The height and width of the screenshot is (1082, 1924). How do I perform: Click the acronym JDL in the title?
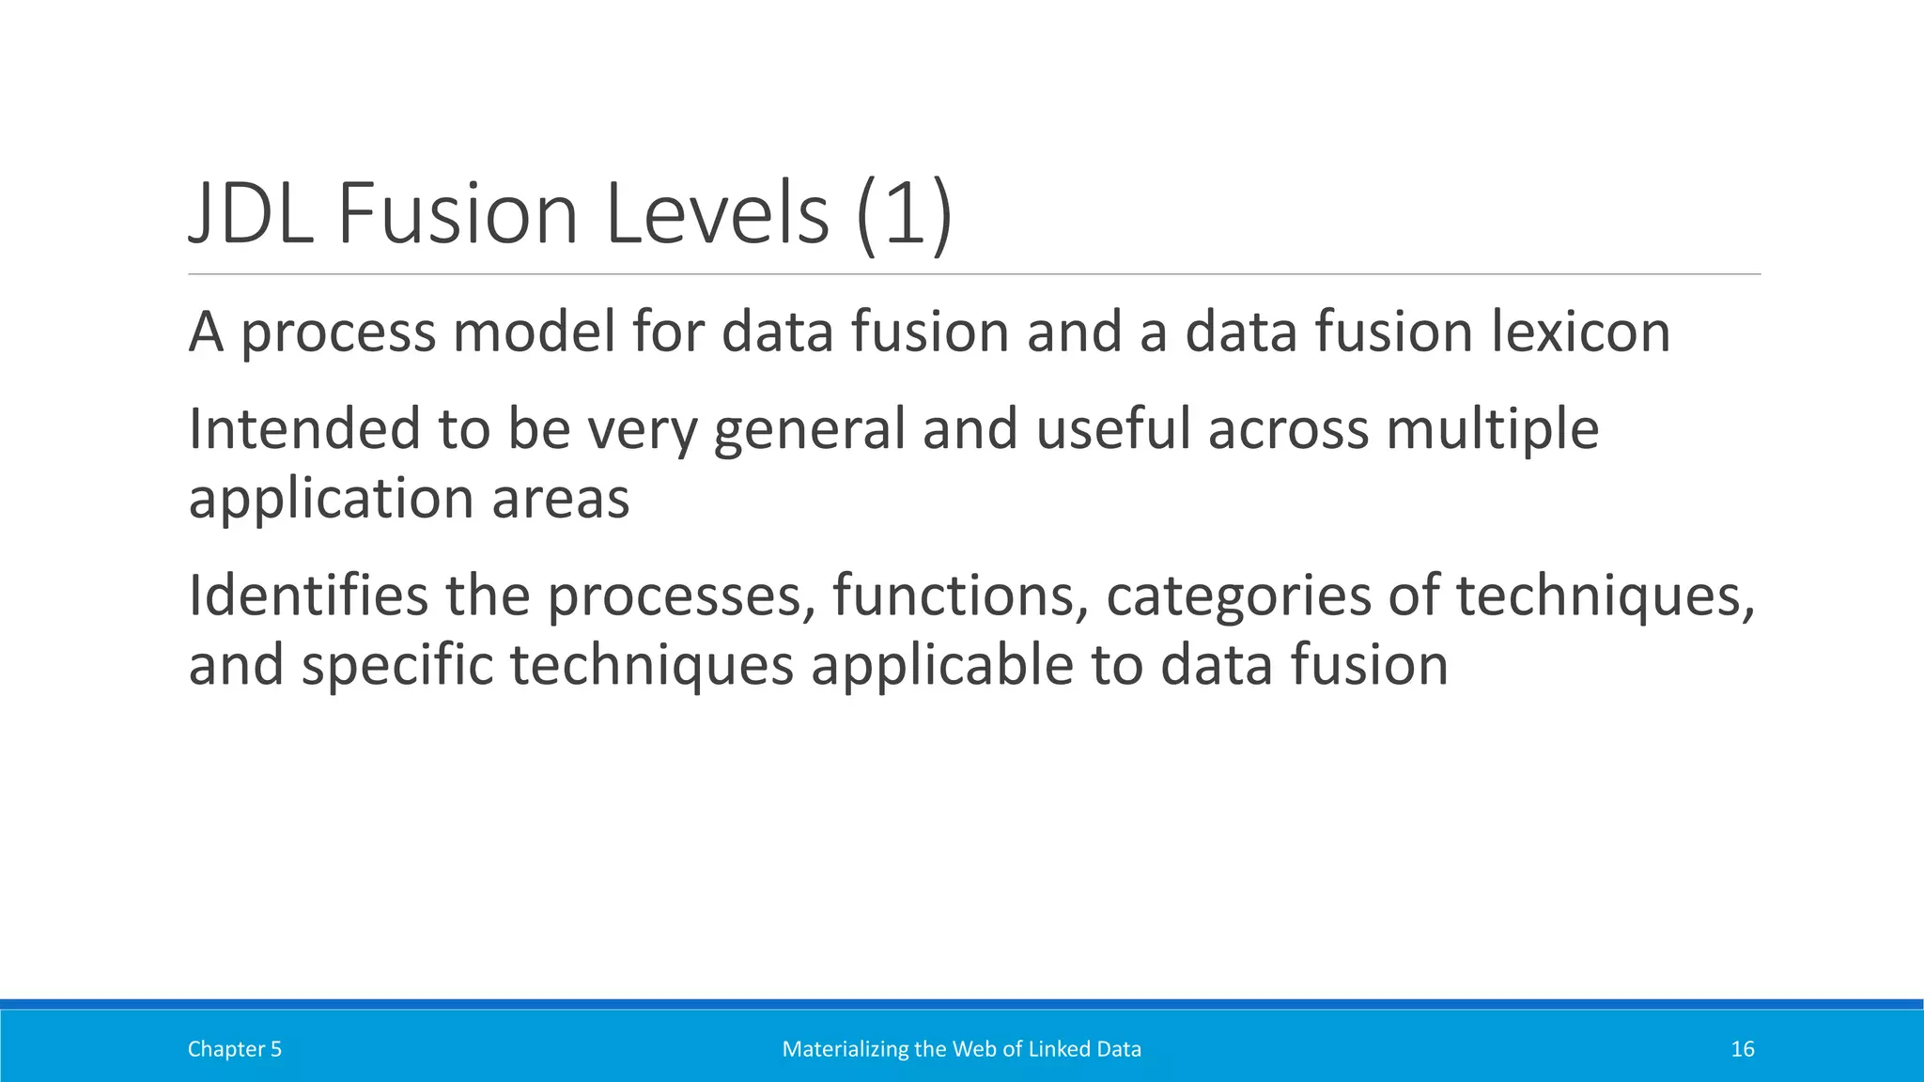coord(251,214)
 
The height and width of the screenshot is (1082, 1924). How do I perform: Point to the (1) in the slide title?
coord(905,214)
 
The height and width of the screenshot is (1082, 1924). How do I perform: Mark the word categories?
coord(1238,597)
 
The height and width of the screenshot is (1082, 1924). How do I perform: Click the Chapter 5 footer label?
coord(234,1049)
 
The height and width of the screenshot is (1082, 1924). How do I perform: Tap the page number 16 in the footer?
coord(1742,1049)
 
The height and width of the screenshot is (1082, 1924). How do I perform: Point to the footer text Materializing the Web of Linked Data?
coord(961,1049)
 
